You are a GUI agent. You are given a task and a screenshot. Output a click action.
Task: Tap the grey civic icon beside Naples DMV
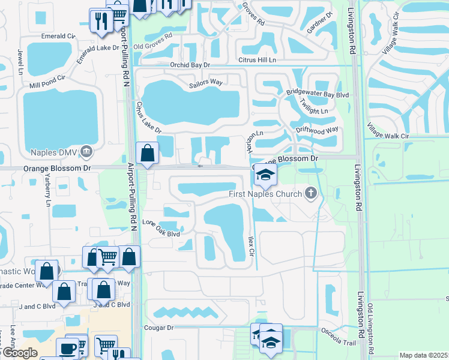click(86, 151)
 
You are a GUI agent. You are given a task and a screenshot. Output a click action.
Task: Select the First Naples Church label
click(266, 193)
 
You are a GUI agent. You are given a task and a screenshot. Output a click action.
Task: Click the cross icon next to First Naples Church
click(310, 193)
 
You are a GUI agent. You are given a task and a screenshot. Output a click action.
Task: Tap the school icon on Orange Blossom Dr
click(264, 176)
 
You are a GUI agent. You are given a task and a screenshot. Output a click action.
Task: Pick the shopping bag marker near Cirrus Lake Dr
click(147, 154)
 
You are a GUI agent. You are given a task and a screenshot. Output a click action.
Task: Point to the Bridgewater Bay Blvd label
click(317, 95)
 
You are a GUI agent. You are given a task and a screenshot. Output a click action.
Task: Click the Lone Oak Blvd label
click(161, 229)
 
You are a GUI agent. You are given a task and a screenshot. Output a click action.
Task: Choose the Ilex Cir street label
click(252, 244)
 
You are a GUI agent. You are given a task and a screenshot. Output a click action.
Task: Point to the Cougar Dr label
click(158, 328)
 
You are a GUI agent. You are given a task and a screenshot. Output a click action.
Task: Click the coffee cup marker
click(67, 349)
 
